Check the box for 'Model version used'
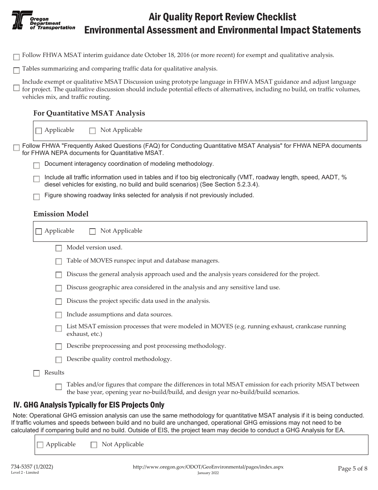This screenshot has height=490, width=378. pos(58,248)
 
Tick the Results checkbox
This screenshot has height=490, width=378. pos(37,373)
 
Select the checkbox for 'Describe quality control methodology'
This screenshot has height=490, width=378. pos(58,360)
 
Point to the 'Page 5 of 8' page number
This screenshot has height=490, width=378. pos(352,468)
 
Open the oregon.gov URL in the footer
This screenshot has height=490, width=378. pos(207,466)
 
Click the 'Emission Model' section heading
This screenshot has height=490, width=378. pos(61,214)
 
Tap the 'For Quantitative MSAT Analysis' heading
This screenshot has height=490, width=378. pos(89,113)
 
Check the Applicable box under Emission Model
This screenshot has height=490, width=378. pos(39,231)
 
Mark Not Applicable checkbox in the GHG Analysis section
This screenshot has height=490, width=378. pos(94,445)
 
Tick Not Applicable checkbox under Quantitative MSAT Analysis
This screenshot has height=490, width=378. pos(92,131)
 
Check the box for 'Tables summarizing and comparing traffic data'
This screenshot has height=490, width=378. pos(16,71)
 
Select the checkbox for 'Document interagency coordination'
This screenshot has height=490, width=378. pos(37,165)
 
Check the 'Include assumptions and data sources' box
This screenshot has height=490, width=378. pos(58,315)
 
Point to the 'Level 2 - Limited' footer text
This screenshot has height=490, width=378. pos(25,472)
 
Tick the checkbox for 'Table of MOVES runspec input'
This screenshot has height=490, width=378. pos(58,262)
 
